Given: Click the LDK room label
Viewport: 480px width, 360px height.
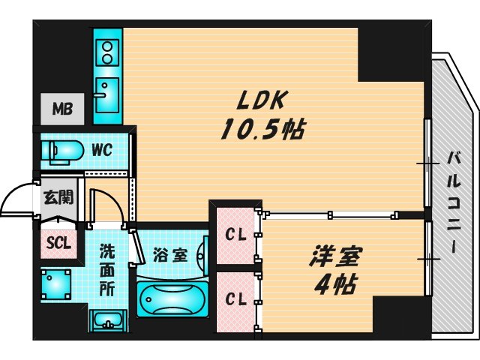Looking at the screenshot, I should point(258,100).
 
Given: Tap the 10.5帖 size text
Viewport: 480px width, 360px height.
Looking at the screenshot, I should point(261,131).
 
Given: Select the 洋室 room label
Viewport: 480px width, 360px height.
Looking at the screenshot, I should point(335,256).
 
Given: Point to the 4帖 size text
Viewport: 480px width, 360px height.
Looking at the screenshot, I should point(335,285).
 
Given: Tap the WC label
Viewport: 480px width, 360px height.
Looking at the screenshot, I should point(102,149).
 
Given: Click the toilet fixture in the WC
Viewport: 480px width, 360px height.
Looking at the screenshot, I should point(63,150).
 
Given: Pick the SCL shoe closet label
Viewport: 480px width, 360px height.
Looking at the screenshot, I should point(58,242).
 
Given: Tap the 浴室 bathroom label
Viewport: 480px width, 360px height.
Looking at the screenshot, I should point(169,254).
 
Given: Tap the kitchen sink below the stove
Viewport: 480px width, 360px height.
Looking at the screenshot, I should point(107,93).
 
